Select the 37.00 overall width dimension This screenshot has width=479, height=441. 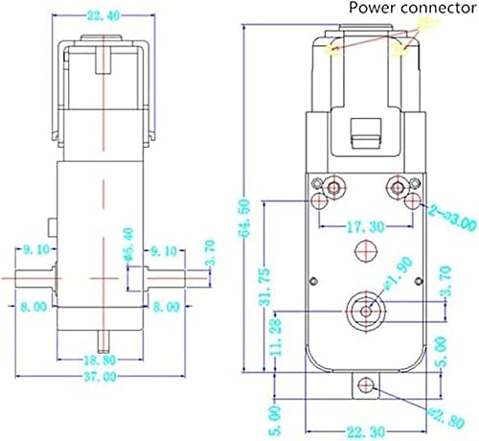pos(107,376)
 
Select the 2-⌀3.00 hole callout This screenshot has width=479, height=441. pos(449,222)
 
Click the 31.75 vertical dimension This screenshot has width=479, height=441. pos(265,283)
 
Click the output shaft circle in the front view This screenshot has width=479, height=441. pos(364,308)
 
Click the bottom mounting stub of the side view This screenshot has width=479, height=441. pos(107,340)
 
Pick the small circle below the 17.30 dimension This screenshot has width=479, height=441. pos(363,249)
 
